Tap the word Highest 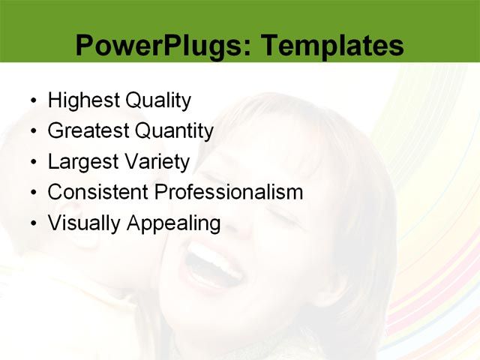point(79,100)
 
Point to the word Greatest point(88,131)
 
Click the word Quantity point(174,131)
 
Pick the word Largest point(82,162)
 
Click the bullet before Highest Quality point(31,101)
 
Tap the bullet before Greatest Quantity point(31,132)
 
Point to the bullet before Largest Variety point(31,163)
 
